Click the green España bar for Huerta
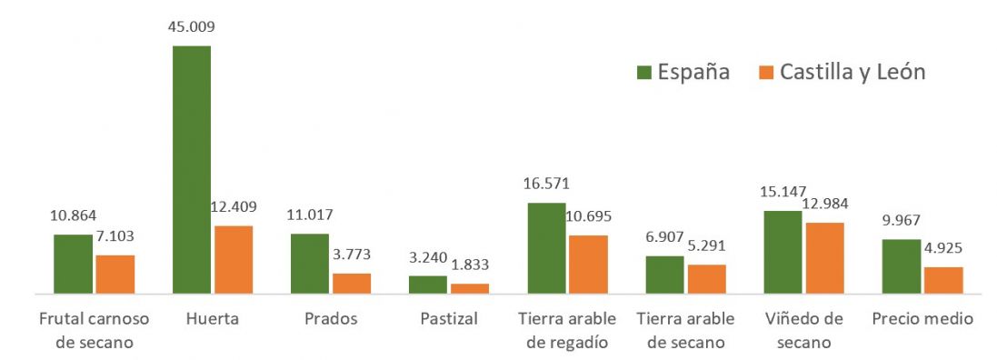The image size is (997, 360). click(x=191, y=169)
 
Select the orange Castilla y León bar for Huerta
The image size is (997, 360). click(x=234, y=259)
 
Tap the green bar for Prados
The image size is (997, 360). click(x=310, y=264)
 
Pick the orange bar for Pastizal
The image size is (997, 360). click(x=470, y=288)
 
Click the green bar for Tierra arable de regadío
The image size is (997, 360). click(x=546, y=248)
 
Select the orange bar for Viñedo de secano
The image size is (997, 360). click(x=824, y=257)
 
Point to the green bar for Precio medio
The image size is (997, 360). click(x=902, y=266)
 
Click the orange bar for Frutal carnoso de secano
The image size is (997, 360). click(x=115, y=274)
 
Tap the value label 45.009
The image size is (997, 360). click(x=191, y=26)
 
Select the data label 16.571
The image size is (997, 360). click(x=546, y=185)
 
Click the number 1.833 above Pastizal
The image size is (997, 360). click(x=470, y=265)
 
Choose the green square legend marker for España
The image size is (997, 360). click(x=643, y=72)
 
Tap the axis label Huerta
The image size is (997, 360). click(x=212, y=319)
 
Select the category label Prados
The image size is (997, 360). click(x=331, y=319)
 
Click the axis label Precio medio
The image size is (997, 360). click(x=922, y=319)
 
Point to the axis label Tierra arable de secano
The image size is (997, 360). click(x=686, y=331)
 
